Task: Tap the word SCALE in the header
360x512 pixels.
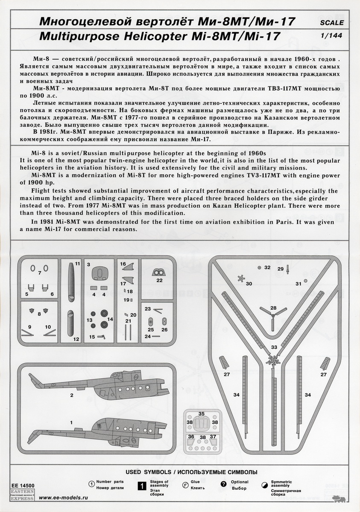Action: (x=331, y=23)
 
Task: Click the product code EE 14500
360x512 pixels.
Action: (x=21, y=485)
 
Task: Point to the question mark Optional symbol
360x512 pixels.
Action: (x=223, y=484)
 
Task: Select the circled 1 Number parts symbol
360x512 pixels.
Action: (x=91, y=484)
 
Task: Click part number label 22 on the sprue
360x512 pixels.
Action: (x=159, y=280)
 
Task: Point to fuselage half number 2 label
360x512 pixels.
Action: (x=72, y=396)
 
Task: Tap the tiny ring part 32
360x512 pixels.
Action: (x=260, y=268)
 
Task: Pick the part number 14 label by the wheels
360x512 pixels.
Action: (x=110, y=319)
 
